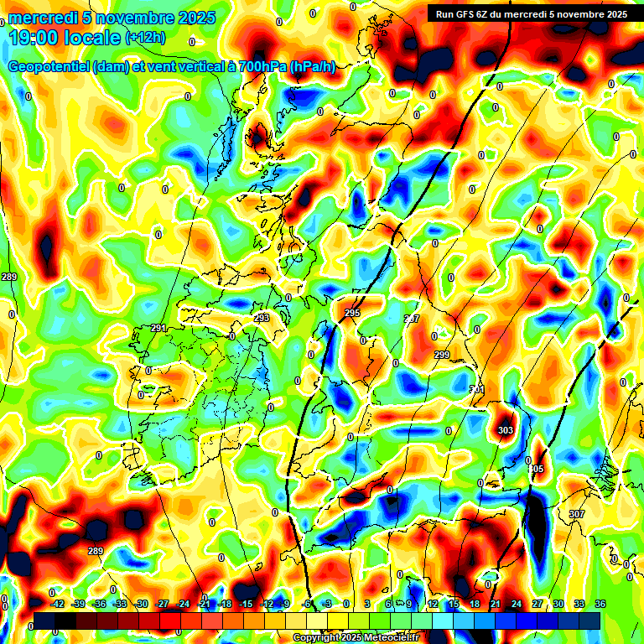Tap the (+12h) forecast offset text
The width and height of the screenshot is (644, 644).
pyautogui.click(x=145, y=37)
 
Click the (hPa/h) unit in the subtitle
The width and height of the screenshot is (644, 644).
pyautogui.click(x=312, y=67)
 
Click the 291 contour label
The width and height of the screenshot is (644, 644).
pyautogui.click(x=158, y=328)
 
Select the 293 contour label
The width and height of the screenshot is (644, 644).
pyautogui.click(x=262, y=318)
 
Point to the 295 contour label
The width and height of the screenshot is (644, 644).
pyautogui.click(x=352, y=313)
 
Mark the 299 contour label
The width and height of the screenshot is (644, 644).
pyautogui.click(x=442, y=356)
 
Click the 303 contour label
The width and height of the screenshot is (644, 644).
pyautogui.click(x=506, y=430)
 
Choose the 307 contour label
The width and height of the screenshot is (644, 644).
pyautogui.click(x=576, y=513)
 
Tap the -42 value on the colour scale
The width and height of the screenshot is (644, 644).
pyautogui.click(x=58, y=604)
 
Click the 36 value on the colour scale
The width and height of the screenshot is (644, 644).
pyautogui.click(x=600, y=604)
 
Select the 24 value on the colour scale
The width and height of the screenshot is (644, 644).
pyautogui.click(x=517, y=604)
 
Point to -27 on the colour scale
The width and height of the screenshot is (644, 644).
pyautogui.click(x=163, y=604)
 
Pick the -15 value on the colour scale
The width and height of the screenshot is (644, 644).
pyautogui.click(x=246, y=604)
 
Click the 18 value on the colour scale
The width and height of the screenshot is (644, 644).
pyautogui.click(x=475, y=604)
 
